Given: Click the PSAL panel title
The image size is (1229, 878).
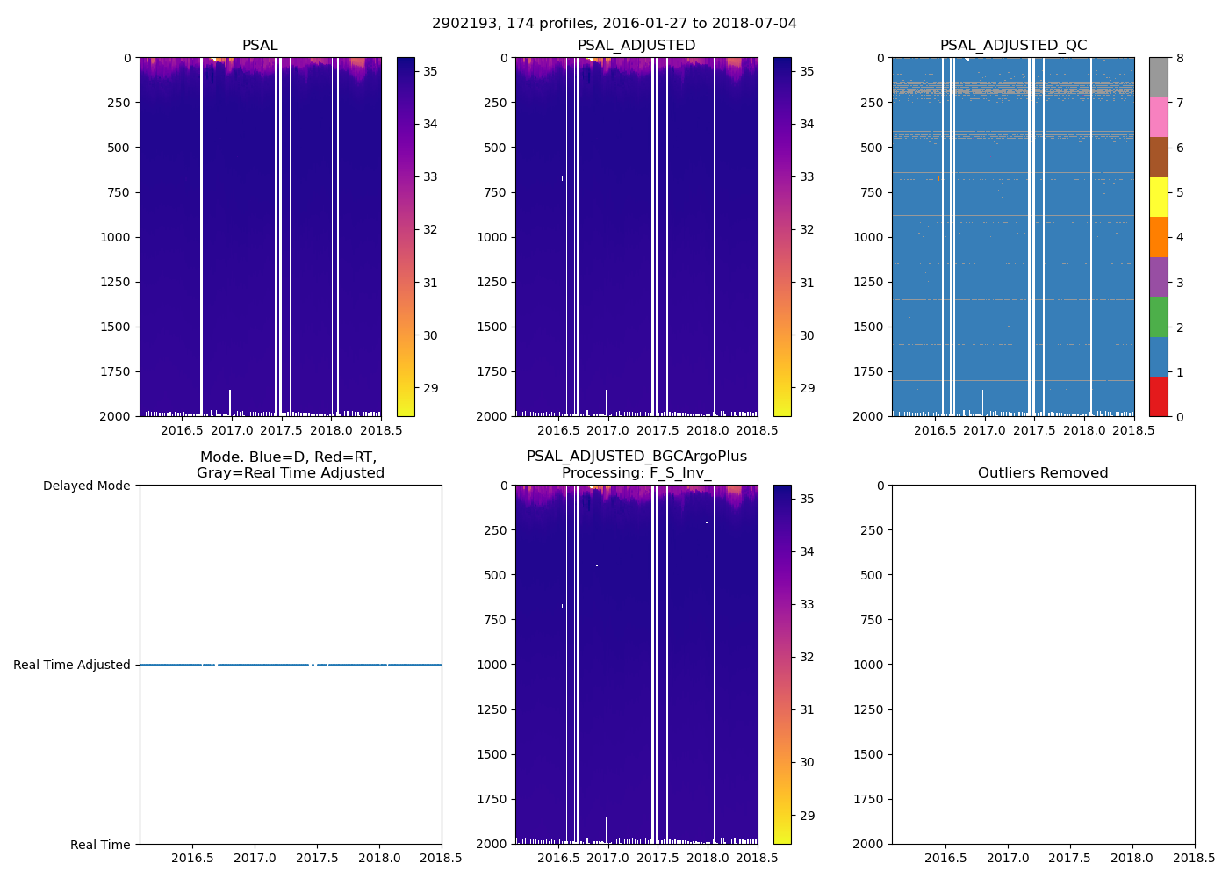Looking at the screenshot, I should click(x=260, y=46).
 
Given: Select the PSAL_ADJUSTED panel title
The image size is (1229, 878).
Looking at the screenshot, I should click(x=636, y=46).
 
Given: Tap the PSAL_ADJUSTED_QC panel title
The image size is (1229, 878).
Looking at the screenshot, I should click(x=1013, y=46).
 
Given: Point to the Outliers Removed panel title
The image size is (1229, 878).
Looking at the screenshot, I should click(x=1043, y=473).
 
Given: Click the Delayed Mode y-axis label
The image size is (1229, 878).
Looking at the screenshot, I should click(x=86, y=486).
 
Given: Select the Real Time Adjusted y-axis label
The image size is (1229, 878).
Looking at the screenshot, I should click(x=72, y=665).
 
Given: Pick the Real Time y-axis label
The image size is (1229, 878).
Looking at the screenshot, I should click(x=100, y=845).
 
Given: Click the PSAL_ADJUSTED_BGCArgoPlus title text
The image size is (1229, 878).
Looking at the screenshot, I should click(x=636, y=457).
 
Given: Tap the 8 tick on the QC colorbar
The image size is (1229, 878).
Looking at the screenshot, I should click(x=1181, y=58).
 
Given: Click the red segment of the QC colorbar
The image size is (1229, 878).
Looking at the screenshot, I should click(x=1159, y=396).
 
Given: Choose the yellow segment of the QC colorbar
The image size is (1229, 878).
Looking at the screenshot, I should click(x=1159, y=197).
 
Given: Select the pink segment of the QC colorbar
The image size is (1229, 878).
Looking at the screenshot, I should click(x=1159, y=118).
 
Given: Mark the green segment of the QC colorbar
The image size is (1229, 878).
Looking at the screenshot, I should click(x=1159, y=316).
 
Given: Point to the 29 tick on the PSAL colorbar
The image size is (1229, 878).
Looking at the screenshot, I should click(x=430, y=388).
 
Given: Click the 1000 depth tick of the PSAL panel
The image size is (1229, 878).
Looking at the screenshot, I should click(x=114, y=237).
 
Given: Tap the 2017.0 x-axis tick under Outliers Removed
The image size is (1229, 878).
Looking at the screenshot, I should click(x=1008, y=858).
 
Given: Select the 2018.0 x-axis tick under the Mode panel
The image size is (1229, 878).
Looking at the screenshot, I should click(x=379, y=858).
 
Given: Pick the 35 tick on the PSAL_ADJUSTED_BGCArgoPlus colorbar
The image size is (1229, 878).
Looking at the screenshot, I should click(x=807, y=499).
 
